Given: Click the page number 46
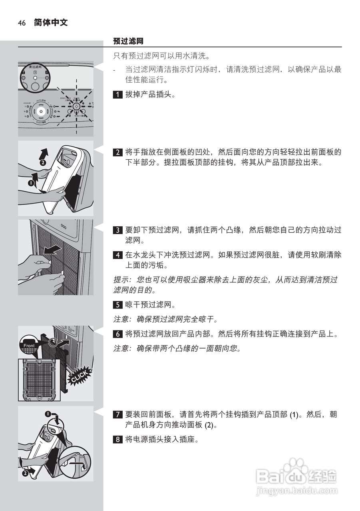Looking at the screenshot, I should [x=22, y=23].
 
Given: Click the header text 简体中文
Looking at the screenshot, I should [x=51, y=23].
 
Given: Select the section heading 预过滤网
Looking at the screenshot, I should [x=128, y=41].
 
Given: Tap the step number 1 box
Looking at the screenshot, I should [x=117, y=95].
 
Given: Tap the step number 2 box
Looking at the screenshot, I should [x=117, y=152].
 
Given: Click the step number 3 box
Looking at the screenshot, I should [x=117, y=230].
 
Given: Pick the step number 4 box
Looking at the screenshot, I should [x=117, y=255].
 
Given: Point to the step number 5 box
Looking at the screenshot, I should [x=117, y=305].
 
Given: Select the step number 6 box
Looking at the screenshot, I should [x=117, y=334].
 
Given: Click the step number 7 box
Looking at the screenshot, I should [x=117, y=414].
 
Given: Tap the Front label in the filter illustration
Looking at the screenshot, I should [x=29, y=346].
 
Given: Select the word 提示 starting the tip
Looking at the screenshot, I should [x=119, y=280].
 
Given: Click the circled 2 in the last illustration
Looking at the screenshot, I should [x=25, y=473].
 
